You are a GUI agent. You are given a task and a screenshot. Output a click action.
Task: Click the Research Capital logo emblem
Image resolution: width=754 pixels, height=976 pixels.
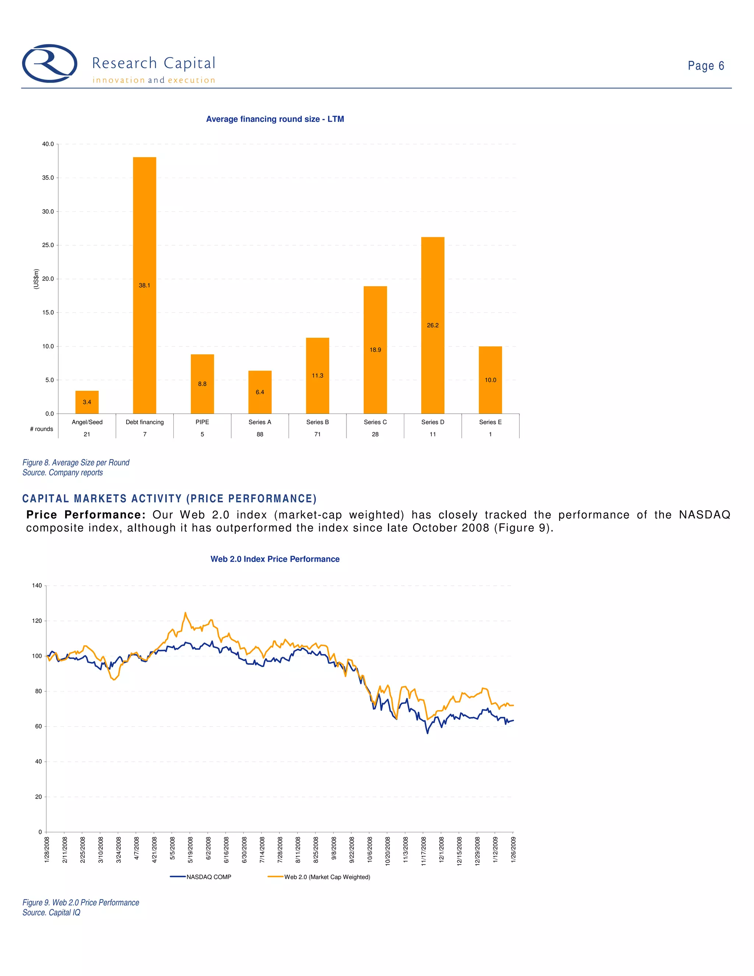pyautogui.click(x=50, y=63)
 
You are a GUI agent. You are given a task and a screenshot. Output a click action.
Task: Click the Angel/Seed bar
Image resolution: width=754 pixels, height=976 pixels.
pyautogui.click(x=87, y=402)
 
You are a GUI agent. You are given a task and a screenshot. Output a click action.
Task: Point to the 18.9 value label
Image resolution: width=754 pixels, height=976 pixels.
pyautogui.click(x=375, y=350)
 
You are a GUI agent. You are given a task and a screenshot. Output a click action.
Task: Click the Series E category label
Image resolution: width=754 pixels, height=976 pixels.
pyautogui.click(x=490, y=422)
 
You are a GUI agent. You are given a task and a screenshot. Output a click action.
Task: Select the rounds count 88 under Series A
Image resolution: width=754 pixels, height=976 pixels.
pyautogui.click(x=260, y=434)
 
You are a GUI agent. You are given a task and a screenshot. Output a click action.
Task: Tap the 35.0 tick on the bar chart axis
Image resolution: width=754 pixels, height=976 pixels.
pyautogui.click(x=48, y=178)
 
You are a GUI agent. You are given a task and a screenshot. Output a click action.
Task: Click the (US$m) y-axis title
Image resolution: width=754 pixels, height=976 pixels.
pyautogui.click(x=36, y=278)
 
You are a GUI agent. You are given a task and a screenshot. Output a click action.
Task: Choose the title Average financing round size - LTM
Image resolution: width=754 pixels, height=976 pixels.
pyautogui.click(x=275, y=119)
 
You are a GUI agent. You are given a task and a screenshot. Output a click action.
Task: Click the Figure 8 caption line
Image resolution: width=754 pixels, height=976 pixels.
pyautogui.click(x=76, y=463)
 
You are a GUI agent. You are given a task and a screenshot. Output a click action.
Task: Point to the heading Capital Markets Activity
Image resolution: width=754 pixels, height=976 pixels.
pyautogui.click(x=169, y=499)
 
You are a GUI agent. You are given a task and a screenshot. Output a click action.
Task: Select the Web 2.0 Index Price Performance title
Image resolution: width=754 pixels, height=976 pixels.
pyautogui.click(x=275, y=559)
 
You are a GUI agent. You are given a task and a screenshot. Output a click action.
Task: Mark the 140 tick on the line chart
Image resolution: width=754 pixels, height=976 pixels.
pyautogui.click(x=37, y=586)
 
